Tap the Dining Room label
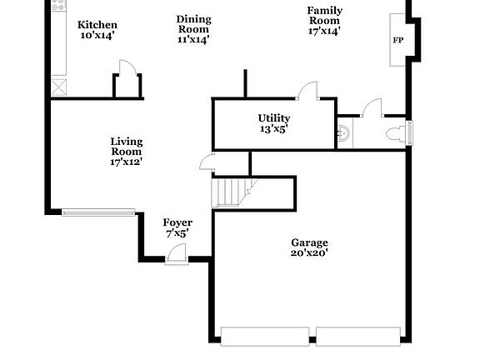[193, 19]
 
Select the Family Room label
[324, 11]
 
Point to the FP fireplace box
[397, 39]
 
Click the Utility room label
[273, 118]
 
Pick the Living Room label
[126, 142]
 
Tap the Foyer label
[177, 222]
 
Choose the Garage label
[309, 242]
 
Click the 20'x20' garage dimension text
[309, 252]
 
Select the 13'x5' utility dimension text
[273, 129]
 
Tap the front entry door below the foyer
[176, 260]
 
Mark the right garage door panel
[357, 336]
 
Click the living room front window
[97, 211]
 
